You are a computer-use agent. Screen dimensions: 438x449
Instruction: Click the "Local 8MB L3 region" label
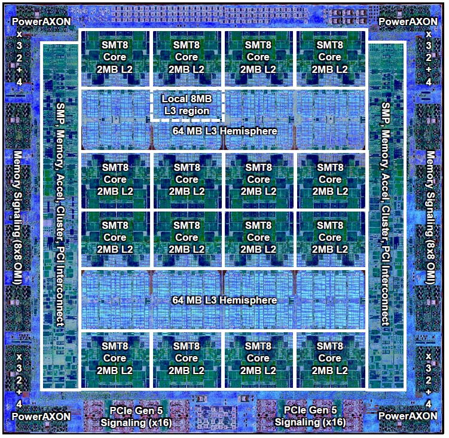click(x=186, y=105)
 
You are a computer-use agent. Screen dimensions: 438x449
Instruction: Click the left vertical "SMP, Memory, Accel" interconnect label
click(x=60, y=212)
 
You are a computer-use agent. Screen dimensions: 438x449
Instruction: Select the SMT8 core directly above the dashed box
click(x=187, y=57)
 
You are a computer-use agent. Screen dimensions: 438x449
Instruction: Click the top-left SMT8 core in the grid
click(x=115, y=57)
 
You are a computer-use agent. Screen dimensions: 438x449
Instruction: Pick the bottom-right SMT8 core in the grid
click(x=329, y=359)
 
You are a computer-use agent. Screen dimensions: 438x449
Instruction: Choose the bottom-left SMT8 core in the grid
click(x=115, y=359)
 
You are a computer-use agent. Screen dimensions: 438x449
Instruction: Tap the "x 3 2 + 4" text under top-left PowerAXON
click(x=19, y=57)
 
